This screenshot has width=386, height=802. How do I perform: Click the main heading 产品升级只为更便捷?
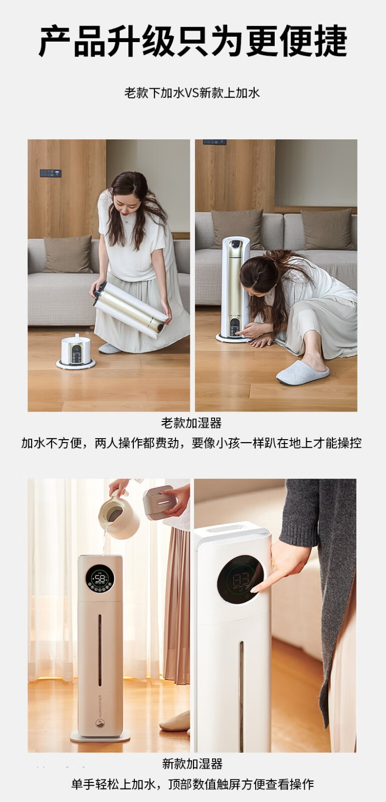coord(192,41)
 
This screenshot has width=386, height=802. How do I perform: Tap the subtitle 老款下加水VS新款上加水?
coord(192,93)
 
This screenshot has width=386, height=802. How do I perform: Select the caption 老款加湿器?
coord(191,423)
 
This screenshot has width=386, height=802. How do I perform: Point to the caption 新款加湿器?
coord(192,764)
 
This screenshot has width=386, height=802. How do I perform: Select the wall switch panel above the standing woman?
coord(50,173)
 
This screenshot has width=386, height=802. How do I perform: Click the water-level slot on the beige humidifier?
coord(100,650)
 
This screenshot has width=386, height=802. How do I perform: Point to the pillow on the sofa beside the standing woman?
coord(68,254)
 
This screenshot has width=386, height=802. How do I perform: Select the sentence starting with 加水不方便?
coord(191,443)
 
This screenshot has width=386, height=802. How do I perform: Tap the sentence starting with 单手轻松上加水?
coord(192,784)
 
